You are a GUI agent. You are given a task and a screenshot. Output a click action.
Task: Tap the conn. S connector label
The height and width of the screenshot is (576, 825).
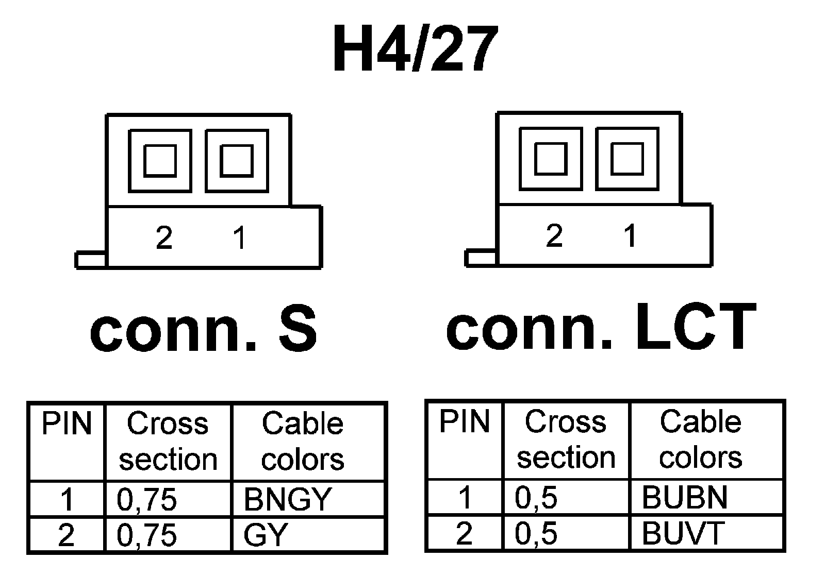203,328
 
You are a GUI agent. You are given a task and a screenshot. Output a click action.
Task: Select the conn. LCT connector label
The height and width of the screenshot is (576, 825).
601,327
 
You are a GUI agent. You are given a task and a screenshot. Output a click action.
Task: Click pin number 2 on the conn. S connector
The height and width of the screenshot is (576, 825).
164,238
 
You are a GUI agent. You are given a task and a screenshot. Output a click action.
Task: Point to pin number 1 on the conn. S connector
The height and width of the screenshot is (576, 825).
239,238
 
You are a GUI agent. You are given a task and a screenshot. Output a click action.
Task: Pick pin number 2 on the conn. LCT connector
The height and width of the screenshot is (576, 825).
554,235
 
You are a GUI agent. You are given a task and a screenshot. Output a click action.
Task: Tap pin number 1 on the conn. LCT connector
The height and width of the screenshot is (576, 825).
630,235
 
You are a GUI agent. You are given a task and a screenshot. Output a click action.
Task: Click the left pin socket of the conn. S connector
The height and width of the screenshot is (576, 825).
160,161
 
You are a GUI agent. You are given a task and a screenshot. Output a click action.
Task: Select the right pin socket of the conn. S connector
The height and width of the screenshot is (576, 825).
237,161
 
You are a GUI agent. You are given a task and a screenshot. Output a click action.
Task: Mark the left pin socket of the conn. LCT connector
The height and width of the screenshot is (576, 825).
551,159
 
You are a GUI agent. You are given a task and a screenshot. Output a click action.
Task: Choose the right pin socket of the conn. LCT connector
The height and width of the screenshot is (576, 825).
627,159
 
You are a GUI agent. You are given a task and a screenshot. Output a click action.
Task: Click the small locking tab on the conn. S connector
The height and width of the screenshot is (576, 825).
91,260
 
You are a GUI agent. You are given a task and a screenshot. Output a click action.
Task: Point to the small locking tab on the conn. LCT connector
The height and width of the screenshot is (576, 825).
481,258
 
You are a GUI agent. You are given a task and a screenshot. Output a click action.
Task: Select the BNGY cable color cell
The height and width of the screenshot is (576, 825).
287,499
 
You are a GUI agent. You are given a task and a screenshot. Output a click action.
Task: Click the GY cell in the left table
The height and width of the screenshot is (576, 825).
265,535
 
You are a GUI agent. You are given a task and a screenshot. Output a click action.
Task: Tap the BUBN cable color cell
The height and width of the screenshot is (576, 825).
684,497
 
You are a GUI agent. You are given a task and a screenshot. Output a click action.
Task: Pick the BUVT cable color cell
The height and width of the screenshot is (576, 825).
683,533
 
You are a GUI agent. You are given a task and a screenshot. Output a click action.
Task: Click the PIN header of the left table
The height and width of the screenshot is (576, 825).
67,424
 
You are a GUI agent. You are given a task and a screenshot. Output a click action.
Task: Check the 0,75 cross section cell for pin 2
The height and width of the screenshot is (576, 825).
147,535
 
